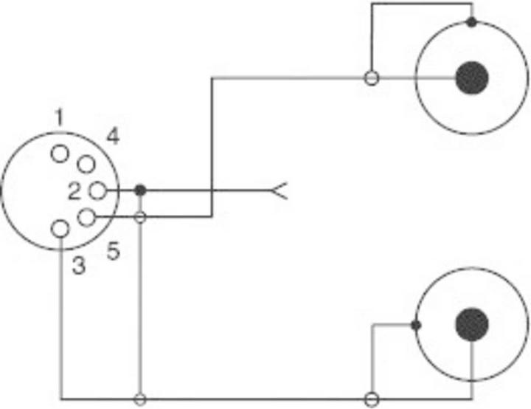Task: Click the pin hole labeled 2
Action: (x=98, y=191)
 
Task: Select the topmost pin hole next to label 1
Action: (x=60, y=154)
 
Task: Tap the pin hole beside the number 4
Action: (x=86, y=164)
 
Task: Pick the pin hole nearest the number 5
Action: (x=86, y=217)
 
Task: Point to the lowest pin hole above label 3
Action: (x=60, y=229)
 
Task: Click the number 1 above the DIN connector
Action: (x=59, y=117)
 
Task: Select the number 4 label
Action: (x=113, y=137)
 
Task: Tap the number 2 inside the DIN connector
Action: (x=74, y=191)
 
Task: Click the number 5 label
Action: (x=113, y=252)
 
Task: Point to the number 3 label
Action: (x=79, y=265)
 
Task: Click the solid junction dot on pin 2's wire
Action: (x=140, y=190)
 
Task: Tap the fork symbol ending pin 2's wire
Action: (x=280, y=191)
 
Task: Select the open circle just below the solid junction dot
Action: (x=140, y=217)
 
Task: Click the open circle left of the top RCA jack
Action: (x=372, y=78)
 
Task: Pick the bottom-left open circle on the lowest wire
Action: (x=140, y=399)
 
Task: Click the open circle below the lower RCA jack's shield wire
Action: (x=372, y=399)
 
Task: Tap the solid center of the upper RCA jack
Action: (x=472, y=78)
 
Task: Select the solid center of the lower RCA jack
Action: (x=472, y=324)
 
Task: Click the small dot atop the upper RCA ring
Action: (x=471, y=22)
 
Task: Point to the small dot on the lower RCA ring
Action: (x=416, y=326)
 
